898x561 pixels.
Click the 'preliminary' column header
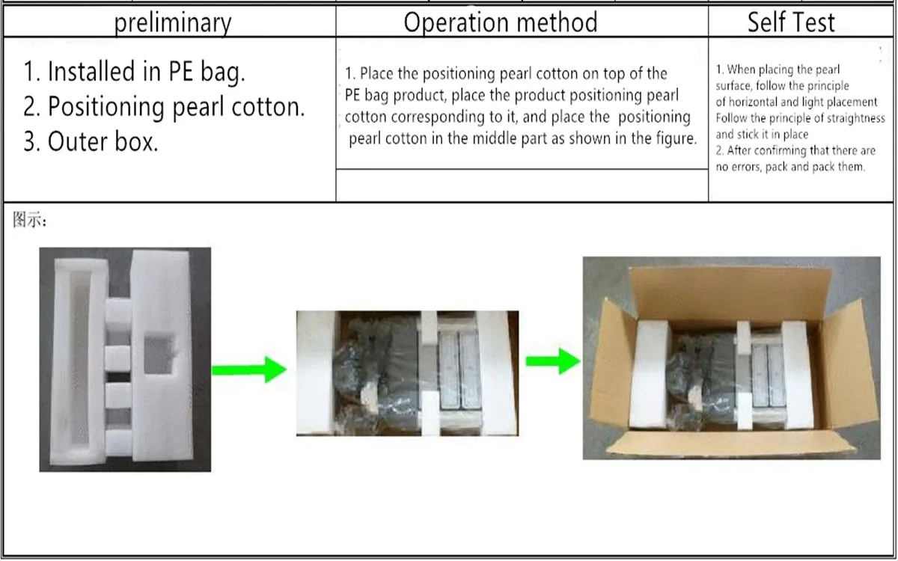173,22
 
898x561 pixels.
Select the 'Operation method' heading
501,22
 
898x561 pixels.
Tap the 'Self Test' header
791,22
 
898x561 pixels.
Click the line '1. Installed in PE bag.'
135,72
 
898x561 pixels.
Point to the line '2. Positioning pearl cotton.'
164,107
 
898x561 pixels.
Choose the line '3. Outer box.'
91,142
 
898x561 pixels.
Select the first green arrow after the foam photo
249,368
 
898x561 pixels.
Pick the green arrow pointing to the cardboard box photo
552,361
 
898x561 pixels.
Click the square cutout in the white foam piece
159,355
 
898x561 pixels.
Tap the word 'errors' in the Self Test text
751,167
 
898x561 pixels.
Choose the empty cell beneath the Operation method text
522,186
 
